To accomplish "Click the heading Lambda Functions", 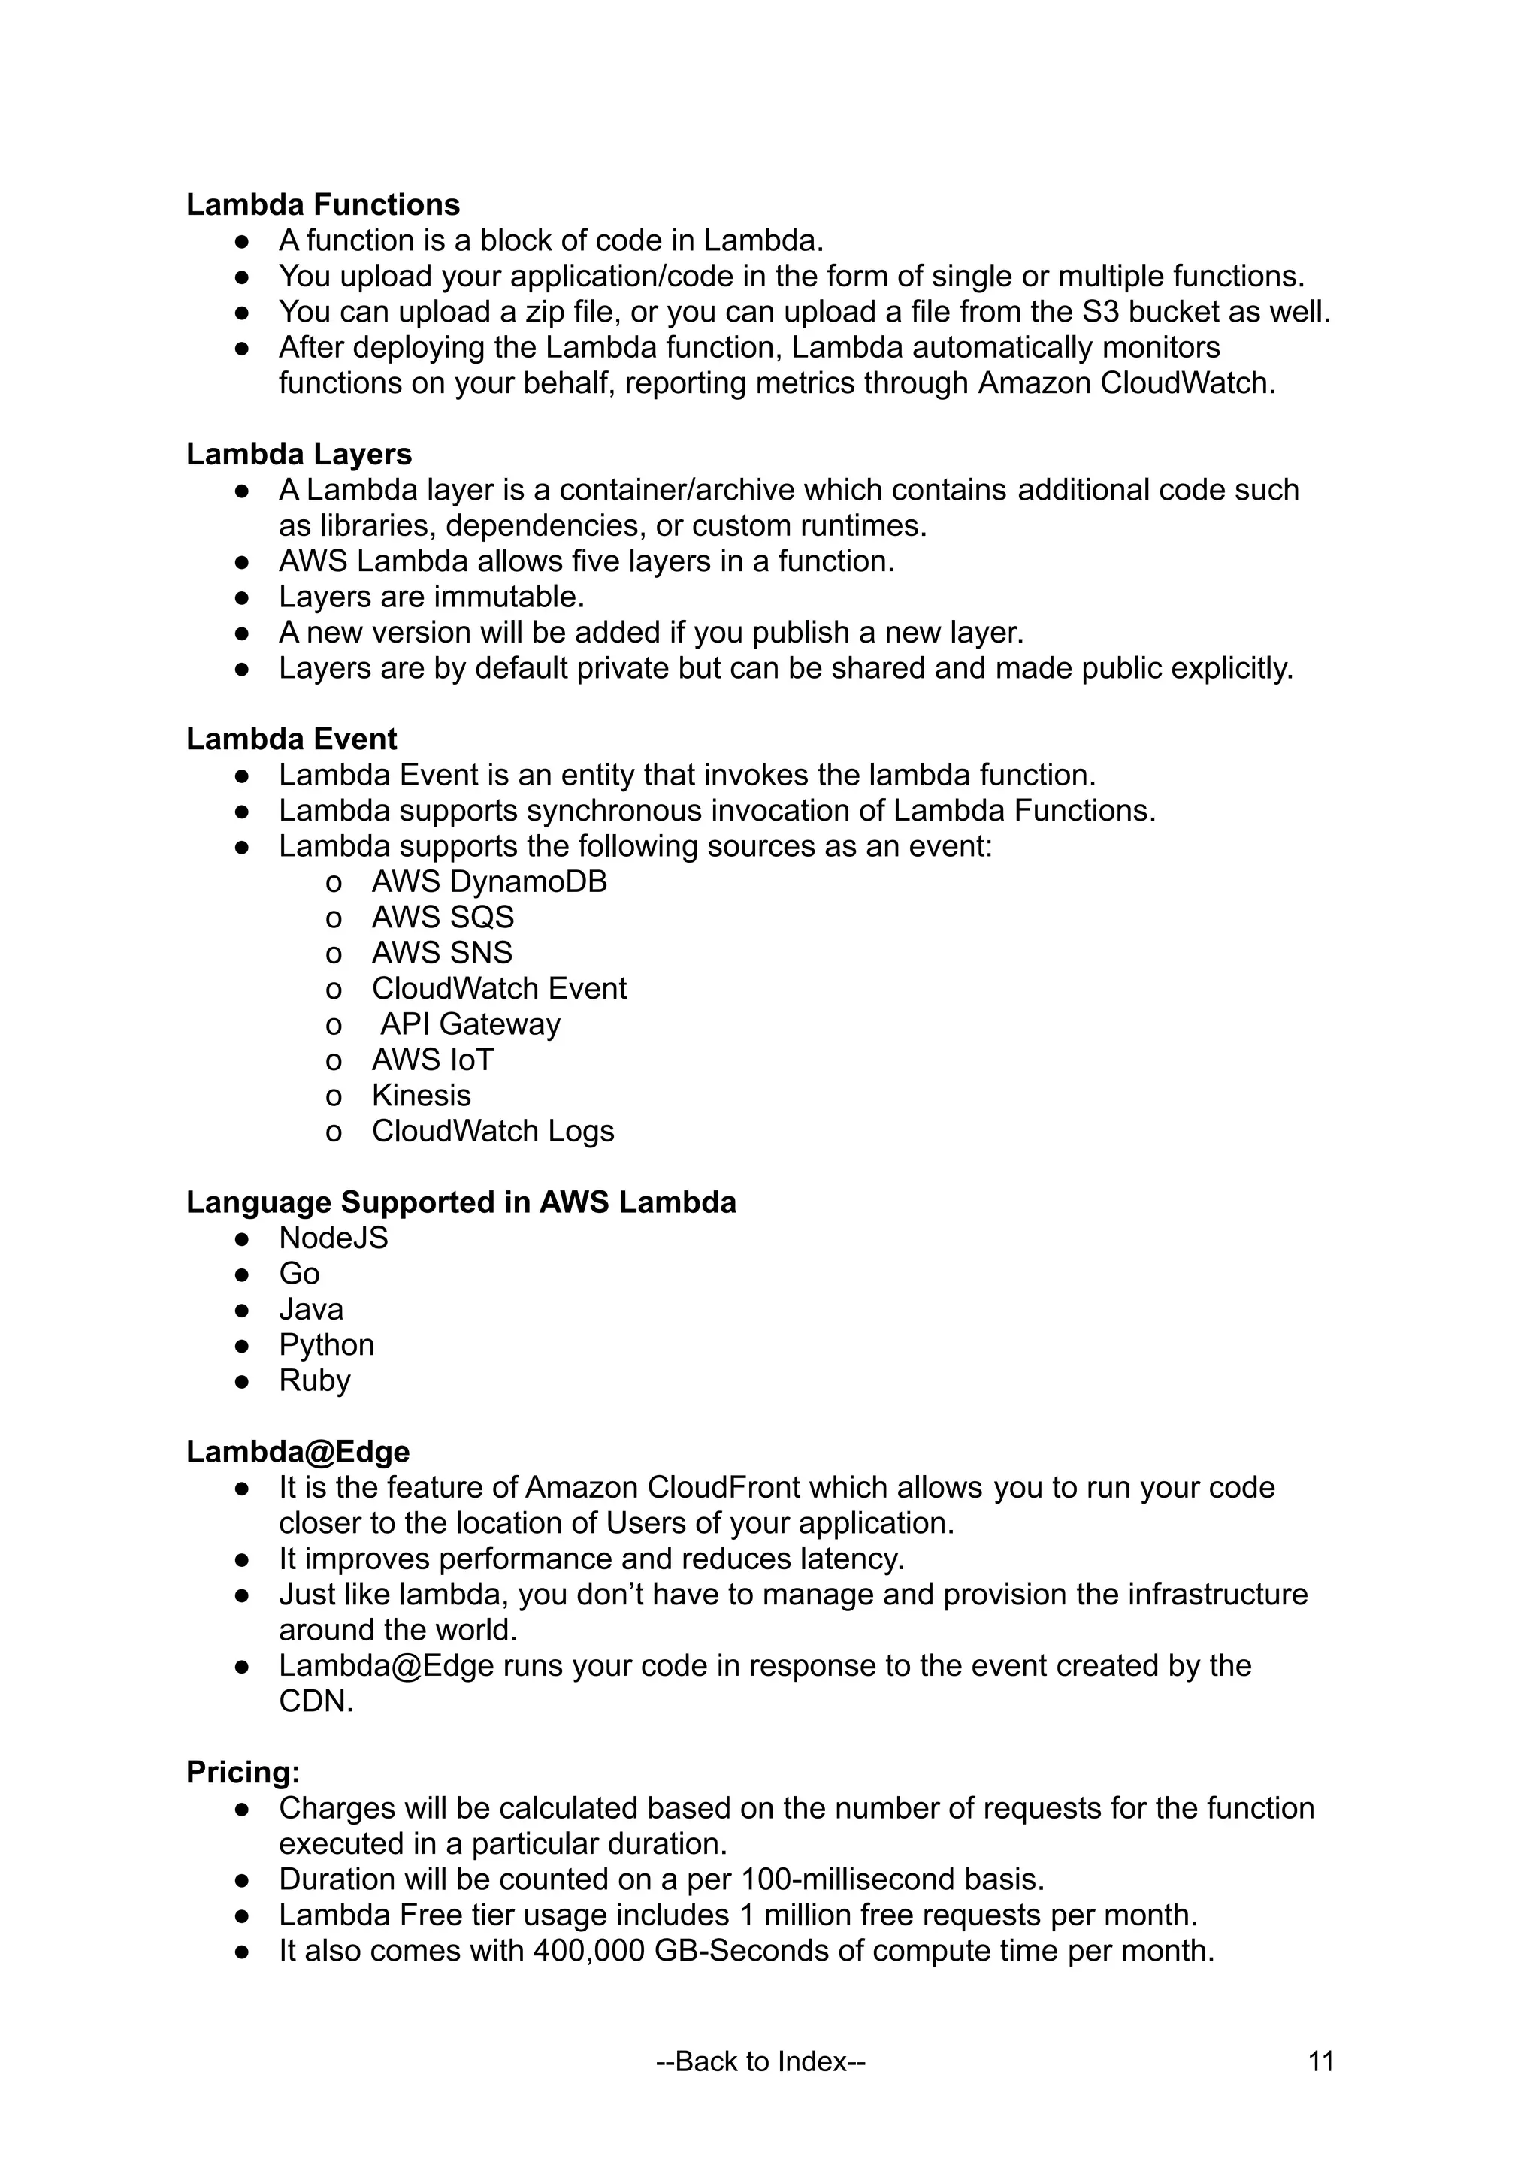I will point(322,204).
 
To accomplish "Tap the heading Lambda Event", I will point(291,739).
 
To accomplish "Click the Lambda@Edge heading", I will point(298,1452).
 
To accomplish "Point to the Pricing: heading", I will point(243,1772).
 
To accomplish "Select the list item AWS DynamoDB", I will point(489,882).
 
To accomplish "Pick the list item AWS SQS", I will point(443,918).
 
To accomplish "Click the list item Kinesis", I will point(421,1096).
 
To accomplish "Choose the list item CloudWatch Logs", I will point(493,1132).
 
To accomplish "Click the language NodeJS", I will point(333,1238).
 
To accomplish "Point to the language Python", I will point(326,1345).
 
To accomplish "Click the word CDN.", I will point(315,1701).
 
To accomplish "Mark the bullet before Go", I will point(242,1274).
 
